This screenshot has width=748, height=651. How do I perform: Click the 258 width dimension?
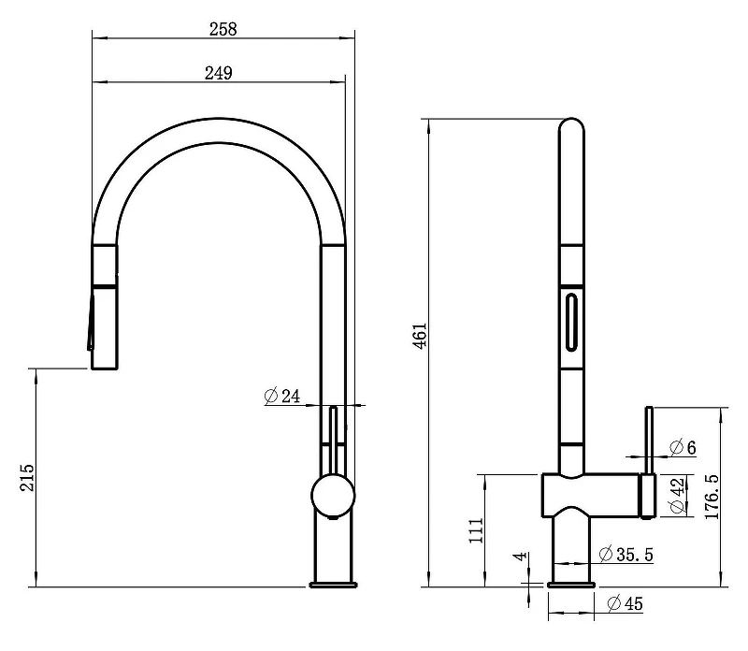pyautogui.click(x=223, y=29)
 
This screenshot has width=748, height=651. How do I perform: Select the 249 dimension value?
pyautogui.click(x=219, y=73)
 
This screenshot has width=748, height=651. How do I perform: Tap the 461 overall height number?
pyautogui.click(x=420, y=336)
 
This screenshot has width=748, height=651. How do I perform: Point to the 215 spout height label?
pyautogui.click(x=27, y=477)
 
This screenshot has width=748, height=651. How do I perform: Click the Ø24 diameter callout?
pyautogui.click(x=282, y=397)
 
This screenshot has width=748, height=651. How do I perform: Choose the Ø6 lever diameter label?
pyautogui.click(x=683, y=447)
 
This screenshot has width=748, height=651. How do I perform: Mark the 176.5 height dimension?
pyautogui.click(x=712, y=497)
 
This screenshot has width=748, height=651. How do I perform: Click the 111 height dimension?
pyautogui.click(x=476, y=530)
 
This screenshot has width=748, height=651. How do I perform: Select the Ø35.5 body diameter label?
pyautogui.click(x=626, y=554)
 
